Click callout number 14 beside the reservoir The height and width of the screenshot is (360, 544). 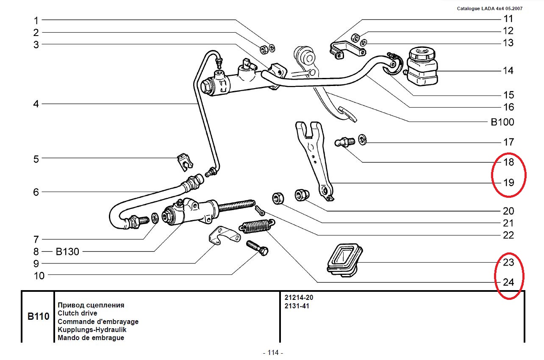tap(508, 70)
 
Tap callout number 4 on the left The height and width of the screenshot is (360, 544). tap(36, 104)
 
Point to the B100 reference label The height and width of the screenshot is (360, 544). tap(502, 122)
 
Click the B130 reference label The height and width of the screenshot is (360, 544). tap(67, 252)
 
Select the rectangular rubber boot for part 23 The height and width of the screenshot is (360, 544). tap(344, 260)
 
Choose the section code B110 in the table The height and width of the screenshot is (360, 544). tap(38, 316)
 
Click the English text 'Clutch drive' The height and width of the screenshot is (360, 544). tap(78, 313)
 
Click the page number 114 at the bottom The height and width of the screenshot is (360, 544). tap(272, 352)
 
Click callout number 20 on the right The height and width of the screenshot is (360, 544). tap(508, 211)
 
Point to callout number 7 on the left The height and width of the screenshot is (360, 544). tap(36, 239)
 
